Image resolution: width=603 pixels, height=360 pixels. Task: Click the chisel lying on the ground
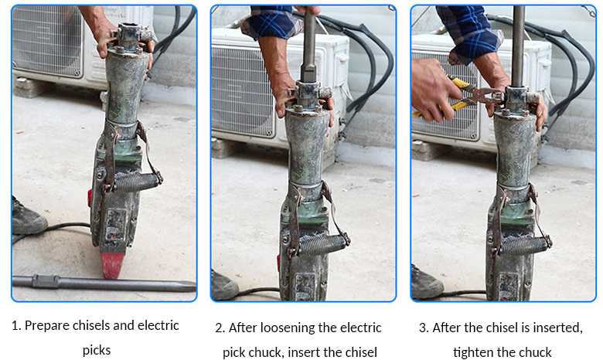[x=104, y=284]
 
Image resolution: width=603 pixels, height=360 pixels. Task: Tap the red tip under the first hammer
[x=113, y=265]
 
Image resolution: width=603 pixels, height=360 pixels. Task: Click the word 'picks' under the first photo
[x=97, y=351]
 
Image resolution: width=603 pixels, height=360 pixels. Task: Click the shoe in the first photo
[x=29, y=216]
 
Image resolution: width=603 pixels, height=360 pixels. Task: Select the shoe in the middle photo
[x=225, y=285]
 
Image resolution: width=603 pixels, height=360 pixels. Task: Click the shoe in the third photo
[x=426, y=283]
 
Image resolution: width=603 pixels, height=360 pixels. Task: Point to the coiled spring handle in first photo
[x=137, y=182]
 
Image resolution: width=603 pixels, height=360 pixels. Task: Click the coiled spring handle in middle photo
[x=322, y=245]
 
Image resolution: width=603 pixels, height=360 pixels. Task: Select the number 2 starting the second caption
[x=220, y=328]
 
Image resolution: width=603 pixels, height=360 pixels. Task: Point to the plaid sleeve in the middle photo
[x=272, y=22]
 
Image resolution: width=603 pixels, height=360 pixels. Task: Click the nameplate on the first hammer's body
[x=116, y=223]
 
